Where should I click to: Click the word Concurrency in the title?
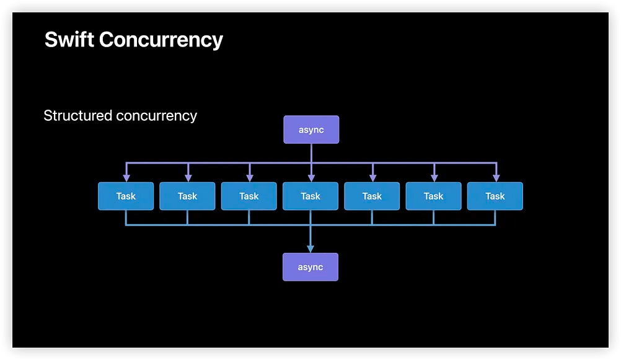pos(161,41)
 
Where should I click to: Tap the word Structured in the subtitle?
pos(78,116)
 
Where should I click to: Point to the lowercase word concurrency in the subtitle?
pos(156,116)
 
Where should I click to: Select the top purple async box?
pos(311,130)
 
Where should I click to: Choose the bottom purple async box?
pos(310,267)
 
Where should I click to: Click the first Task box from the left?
pos(126,196)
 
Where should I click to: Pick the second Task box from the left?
pos(187,196)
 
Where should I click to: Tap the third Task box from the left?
pos(249,196)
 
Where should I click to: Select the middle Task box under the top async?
pos(310,196)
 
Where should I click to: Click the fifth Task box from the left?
pos(372,196)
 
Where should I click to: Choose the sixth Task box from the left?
pos(434,196)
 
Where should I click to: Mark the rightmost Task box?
pos(495,196)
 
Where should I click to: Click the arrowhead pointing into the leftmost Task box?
pos(126,178)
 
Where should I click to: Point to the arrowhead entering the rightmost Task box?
pos(496,178)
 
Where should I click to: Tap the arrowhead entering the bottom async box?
pos(310,249)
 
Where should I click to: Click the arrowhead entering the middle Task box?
pos(311,178)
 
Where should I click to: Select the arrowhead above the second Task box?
pos(188,178)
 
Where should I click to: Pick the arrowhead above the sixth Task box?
pos(434,178)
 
